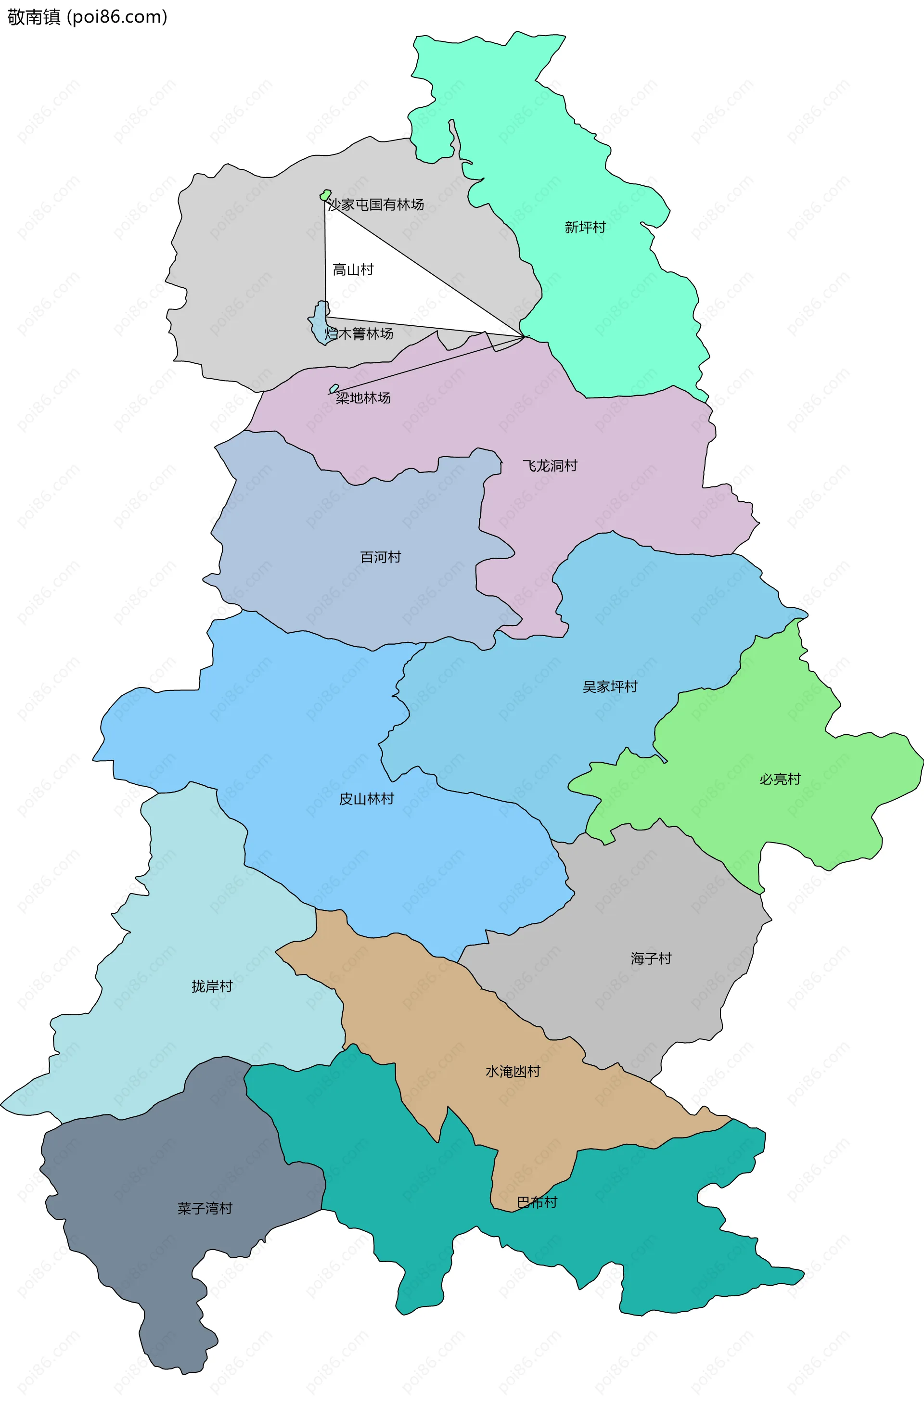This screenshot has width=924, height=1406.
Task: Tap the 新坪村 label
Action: (x=585, y=228)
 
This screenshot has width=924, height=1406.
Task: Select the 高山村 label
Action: (x=353, y=270)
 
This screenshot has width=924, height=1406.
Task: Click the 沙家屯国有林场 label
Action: (x=376, y=205)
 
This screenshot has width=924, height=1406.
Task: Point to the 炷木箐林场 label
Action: (x=359, y=334)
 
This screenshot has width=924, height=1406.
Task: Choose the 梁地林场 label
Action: (x=363, y=398)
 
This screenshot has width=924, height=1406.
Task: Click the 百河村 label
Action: (x=381, y=557)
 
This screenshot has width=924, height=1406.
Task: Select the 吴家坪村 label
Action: (x=610, y=687)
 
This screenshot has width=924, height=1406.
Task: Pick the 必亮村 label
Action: (x=780, y=779)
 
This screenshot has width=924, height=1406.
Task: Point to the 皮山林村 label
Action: (x=366, y=799)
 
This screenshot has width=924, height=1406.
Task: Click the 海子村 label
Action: (x=651, y=958)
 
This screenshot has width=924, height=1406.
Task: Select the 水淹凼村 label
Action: (x=513, y=1071)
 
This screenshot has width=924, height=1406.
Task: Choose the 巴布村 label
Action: (x=537, y=1202)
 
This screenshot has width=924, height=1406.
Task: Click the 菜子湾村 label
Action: (x=205, y=1208)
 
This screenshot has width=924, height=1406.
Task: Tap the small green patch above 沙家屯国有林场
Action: (x=325, y=195)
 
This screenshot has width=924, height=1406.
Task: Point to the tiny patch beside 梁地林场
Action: (x=334, y=389)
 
